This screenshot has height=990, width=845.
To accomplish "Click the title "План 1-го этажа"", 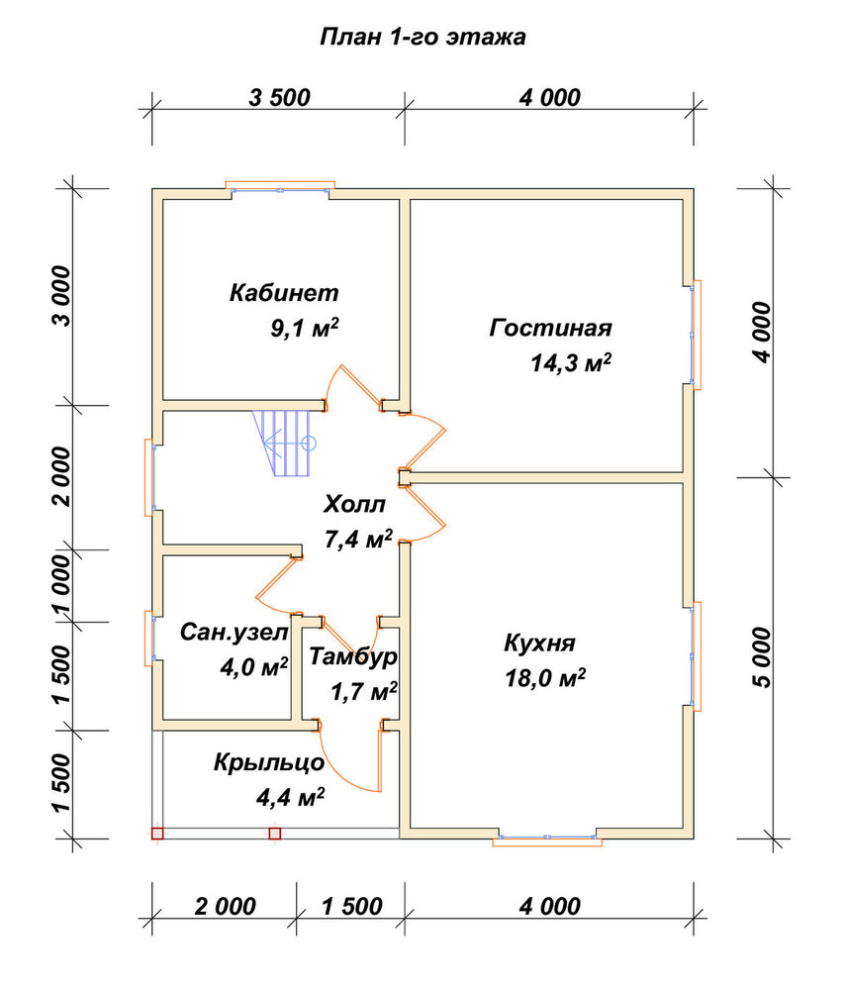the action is (422, 37).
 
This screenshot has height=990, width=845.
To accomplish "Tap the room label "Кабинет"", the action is (284, 293).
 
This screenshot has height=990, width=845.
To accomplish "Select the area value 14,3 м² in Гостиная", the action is (571, 362).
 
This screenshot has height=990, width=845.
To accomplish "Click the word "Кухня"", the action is (539, 643).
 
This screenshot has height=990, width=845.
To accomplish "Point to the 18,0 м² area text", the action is (545, 678).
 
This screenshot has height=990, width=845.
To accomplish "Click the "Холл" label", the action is (354, 505).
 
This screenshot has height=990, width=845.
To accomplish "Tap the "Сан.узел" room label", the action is (235, 632).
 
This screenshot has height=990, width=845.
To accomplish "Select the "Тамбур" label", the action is (353, 656).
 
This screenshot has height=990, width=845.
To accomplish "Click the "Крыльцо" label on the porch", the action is (269, 762).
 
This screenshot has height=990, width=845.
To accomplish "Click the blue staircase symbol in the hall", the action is (285, 444).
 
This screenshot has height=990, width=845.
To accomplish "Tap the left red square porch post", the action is (157, 834).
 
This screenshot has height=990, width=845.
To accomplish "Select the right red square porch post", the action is (274, 834).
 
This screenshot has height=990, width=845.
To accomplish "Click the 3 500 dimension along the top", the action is (280, 98).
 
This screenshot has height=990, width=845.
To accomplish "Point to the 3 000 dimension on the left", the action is (62, 296).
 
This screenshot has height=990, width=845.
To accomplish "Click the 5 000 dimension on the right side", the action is (762, 657).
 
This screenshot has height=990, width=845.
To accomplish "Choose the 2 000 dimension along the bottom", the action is (225, 907).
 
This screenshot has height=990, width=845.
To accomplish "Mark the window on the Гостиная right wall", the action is (695, 335).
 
